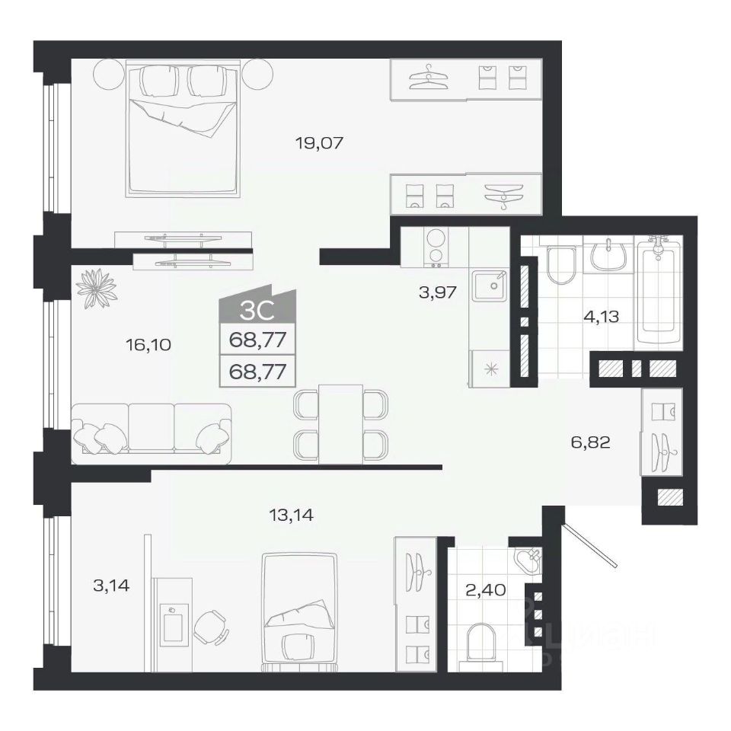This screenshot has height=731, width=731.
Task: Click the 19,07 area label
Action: (x=319, y=142)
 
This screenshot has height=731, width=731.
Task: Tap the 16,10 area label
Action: (x=148, y=344)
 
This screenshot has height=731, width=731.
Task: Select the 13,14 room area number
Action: (x=292, y=515)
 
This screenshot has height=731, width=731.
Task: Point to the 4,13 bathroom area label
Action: (x=601, y=317)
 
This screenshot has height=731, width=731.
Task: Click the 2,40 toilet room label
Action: (x=486, y=589)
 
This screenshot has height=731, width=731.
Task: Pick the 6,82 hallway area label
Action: (x=591, y=441)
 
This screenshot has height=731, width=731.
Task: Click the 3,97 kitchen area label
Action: (x=438, y=292)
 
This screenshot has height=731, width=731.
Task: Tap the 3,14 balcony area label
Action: (x=111, y=585)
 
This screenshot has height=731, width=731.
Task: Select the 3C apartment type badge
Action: (x=257, y=306)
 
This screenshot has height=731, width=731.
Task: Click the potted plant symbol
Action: (x=96, y=288)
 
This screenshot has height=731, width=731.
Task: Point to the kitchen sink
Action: (x=489, y=286)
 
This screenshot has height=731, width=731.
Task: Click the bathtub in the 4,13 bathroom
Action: (x=658, y=289)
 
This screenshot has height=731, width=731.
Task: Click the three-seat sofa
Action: (x=152, y=434)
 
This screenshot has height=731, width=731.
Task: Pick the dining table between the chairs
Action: (x=341, y=424)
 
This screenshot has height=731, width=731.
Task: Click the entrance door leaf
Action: (x=590, y=544)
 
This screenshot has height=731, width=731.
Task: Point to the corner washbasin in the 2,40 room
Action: (x=528, y=561)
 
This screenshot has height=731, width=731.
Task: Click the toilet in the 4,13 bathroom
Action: (x=561, y=265)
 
